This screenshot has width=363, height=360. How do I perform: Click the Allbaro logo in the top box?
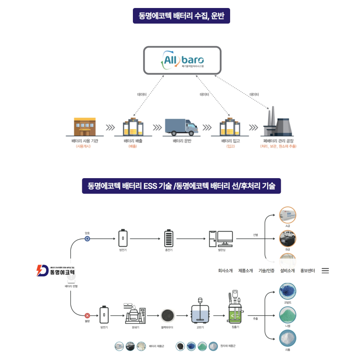[183, 61]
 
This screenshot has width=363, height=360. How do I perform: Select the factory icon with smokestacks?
[278, 123]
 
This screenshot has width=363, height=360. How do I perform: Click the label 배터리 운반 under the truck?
[182, 141]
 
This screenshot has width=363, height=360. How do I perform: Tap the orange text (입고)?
[230, 147]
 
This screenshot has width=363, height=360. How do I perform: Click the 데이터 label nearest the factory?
[254, 94]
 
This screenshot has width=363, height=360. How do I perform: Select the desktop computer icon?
[221, 238]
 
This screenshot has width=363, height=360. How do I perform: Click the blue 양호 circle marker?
[87, 239]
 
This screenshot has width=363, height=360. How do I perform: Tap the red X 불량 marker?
[87, 315]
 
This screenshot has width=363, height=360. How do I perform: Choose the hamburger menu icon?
[325, 271]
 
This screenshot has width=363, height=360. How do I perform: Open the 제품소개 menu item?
[246, 271]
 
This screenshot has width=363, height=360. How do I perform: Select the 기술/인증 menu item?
[266, 271]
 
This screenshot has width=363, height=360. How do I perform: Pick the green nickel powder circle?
[287, 314]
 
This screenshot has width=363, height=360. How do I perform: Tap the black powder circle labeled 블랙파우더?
[167, 315]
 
